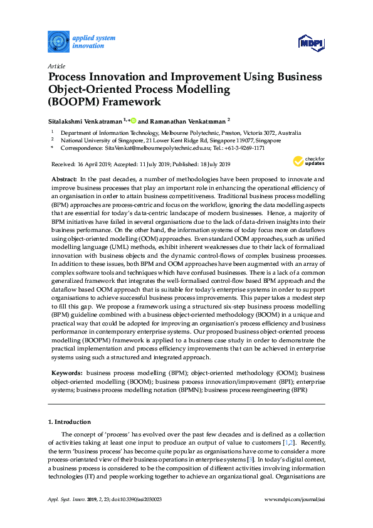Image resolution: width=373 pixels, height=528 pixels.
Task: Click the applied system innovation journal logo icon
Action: tap(58, 42)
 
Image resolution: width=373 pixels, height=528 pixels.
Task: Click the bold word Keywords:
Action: tap(67, 372)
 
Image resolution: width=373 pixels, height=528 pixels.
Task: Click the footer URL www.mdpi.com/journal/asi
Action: tap(295, 499)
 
